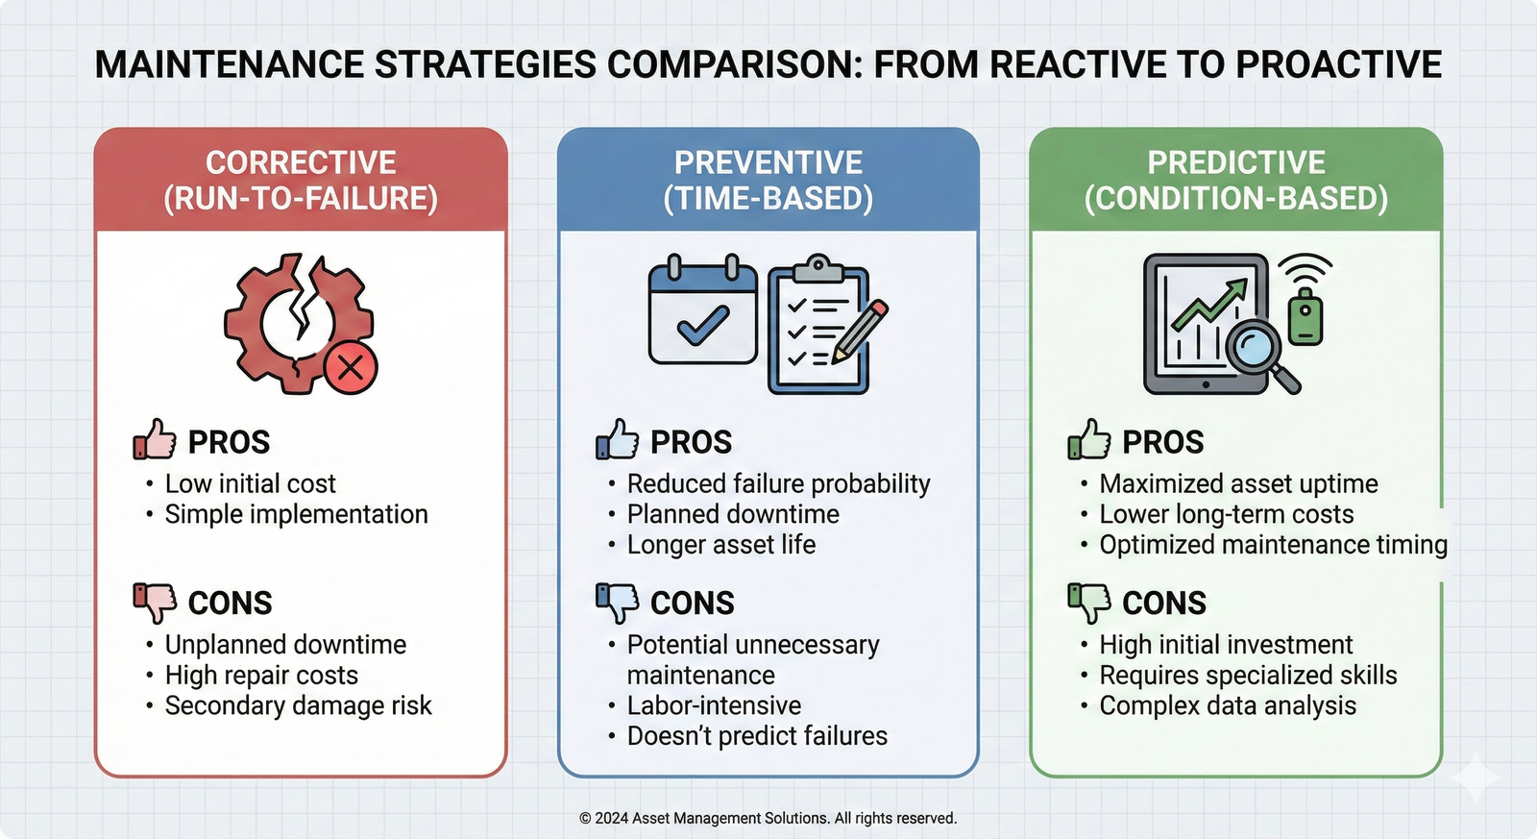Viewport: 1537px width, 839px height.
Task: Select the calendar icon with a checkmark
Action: tap(702, 313)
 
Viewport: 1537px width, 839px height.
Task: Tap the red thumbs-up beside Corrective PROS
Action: tap(155, 440)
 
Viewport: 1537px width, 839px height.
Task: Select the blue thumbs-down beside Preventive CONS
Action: tap(617, 602)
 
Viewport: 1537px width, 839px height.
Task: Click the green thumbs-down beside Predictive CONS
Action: tap(1088, 602)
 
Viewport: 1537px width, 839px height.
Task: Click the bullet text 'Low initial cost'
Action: tap(250, 483)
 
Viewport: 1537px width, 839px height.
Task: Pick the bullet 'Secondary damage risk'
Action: tap(298, 705)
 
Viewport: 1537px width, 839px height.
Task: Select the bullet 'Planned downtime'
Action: tap(733, 514)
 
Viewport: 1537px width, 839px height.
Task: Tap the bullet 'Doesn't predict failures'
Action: tap(757, 736)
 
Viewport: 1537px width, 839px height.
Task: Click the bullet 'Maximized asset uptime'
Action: tap(1238, 483)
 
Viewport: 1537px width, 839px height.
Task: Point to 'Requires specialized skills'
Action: tap(1248, 675)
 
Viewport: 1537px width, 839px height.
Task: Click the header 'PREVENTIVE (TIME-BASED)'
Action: tap(768, 180)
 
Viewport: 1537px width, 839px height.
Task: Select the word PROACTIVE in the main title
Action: tap(1338, 64)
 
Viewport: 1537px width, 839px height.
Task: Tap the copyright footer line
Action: tap(768, 818)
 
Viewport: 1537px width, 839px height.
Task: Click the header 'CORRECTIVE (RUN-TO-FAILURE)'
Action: tap(301, 180)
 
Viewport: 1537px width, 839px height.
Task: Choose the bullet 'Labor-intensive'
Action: tap(714, 705)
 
